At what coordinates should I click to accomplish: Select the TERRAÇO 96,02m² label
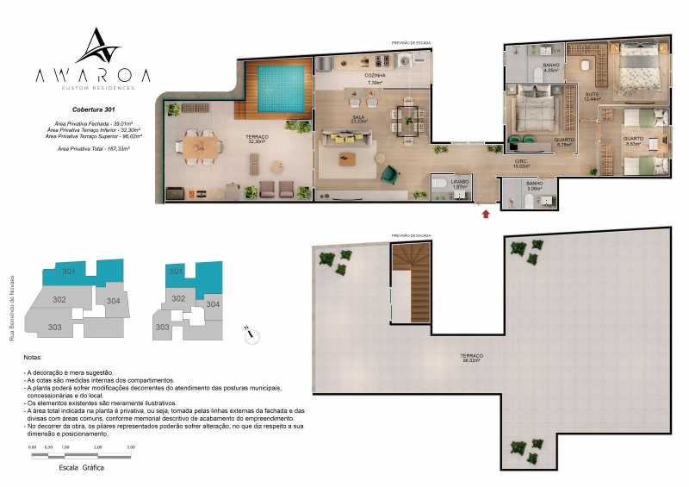coord(471,359)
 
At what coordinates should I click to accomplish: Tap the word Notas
coord(34,356)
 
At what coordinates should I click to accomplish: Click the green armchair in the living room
coord(388,172)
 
